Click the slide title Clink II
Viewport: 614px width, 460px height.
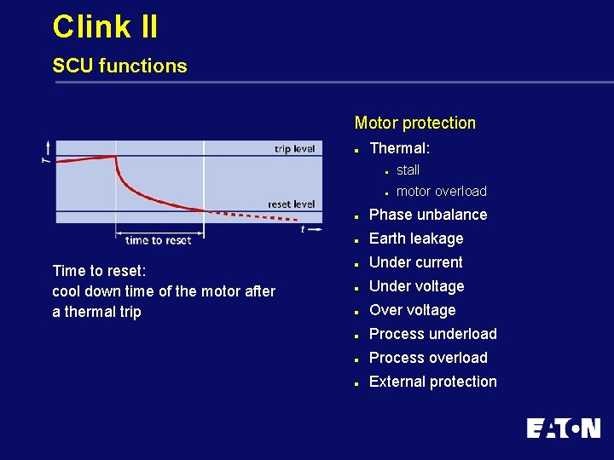tap(105, 26)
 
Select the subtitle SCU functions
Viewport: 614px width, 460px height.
tap(119, 66)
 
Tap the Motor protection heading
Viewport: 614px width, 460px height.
tap(414, 123)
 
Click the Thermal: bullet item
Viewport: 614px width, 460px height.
tap(399, 148)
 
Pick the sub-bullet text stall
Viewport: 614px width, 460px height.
tap(408, 170)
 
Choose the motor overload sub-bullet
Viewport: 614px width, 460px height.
tap(441, 191)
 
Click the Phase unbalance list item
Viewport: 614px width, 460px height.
tap(427, 215)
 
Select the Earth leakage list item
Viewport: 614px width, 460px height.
tap(415, 239)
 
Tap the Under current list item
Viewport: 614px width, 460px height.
tap(415, 262)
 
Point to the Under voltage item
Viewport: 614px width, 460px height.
tap(416, 286)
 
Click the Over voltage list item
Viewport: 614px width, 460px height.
tap(412, 310)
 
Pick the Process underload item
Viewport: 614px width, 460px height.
tap(432, 334)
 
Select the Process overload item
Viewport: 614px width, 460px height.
tap(428, 358)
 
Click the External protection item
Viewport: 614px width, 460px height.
tap(432, 382)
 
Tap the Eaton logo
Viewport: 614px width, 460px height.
tap(563, 428)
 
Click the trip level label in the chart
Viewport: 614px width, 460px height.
tap(294, 149)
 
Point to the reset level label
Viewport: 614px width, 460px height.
tap(291, 204)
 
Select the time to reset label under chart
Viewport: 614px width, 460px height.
tap(159, 240)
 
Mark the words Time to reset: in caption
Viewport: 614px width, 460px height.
tap(99, 271)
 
